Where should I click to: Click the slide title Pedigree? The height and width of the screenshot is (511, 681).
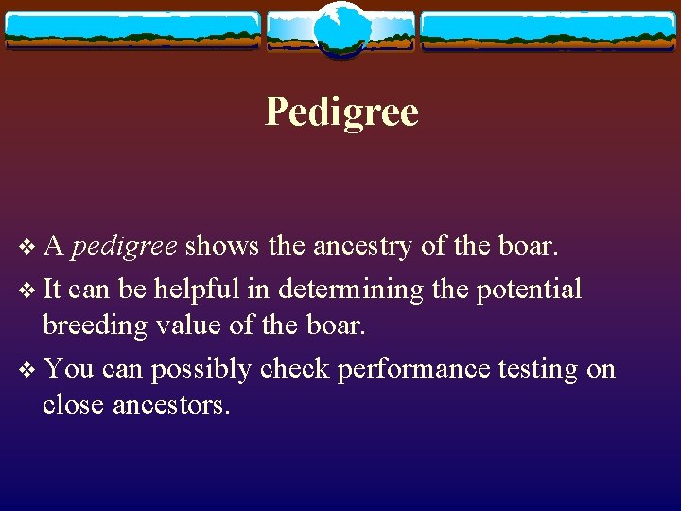coord(341,113)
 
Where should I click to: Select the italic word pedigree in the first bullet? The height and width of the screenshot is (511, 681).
coord(124,247)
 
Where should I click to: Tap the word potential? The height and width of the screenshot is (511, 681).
coord(528,289)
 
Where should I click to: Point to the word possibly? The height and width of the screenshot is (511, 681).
coord(197,369)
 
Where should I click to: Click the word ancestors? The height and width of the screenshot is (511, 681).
coord(171,405)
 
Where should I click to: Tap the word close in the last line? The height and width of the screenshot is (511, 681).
coord(74,405)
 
